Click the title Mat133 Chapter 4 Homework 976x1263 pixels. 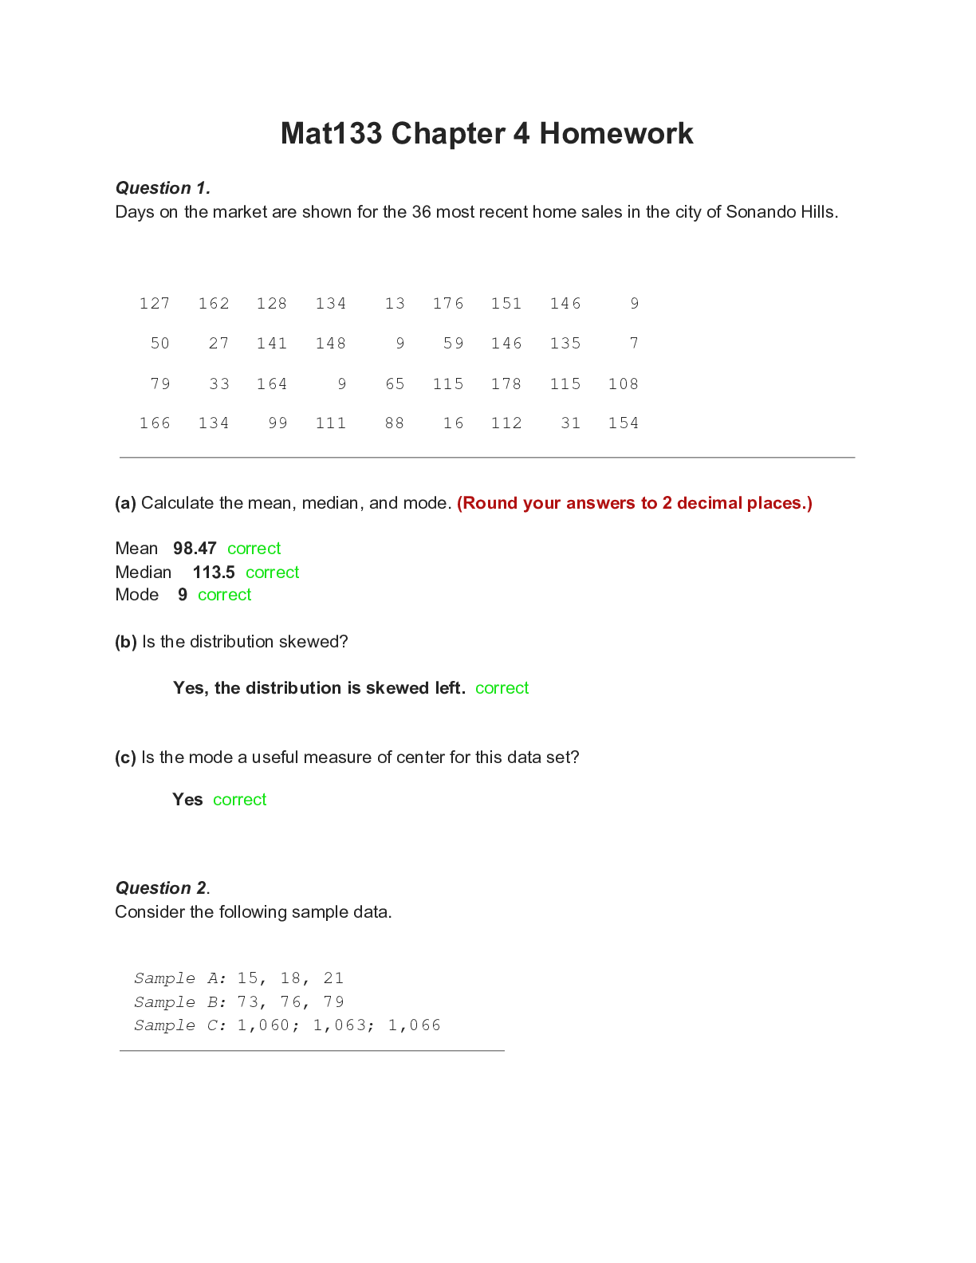coord(486,133)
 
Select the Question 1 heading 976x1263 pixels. coord(163,188)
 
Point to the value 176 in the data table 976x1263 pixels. coord(448,304)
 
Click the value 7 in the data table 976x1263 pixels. coord(634,344)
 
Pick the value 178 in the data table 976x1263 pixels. coord(506,384)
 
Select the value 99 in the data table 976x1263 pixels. coord(277,423)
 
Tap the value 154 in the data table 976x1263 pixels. coord(624,423)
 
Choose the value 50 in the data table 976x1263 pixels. coord(160,344)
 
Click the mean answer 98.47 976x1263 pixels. coord(195,549)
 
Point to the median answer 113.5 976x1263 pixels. coord(214,572)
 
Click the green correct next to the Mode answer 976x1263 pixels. coord(224,595)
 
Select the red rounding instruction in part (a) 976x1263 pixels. coord(635,503)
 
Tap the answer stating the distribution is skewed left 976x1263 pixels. coord(319,688)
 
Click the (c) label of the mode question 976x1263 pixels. coord(125,757)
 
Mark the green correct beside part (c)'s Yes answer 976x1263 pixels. coord(239,800)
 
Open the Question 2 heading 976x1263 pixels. coord(162,888)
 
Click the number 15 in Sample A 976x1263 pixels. coord(248,978)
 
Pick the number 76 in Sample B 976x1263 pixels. coord(291,1002)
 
